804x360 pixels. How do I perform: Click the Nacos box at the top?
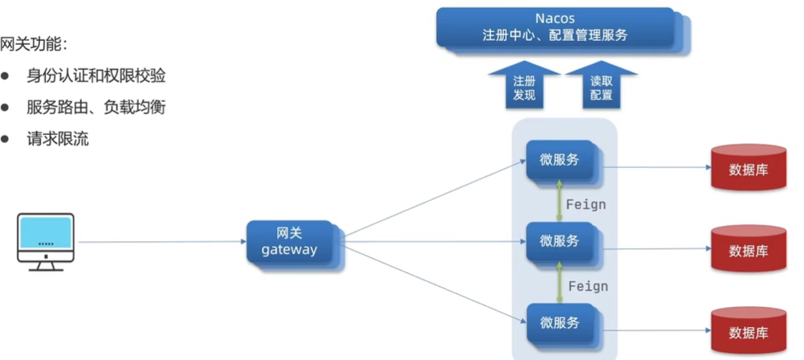tap(555, 27)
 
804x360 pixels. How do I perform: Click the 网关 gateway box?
tap(290, 241)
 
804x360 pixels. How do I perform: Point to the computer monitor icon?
tap(46, 240)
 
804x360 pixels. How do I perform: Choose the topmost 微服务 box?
tap(559, 160)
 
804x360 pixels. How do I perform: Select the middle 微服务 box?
tap(559, 241)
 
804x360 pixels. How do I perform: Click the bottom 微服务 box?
tap(559, 323)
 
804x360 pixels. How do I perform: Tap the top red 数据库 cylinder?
tap(749, 168)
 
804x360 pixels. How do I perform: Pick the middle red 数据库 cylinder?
tap(749, 249)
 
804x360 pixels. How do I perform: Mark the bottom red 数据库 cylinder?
tap(749, 331)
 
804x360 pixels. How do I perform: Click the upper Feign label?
tap(586, 204)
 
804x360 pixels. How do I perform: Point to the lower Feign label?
tap(588, 286)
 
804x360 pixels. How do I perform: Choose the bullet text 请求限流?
tap(57, 139)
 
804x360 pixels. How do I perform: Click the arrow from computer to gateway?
tap(161, 241)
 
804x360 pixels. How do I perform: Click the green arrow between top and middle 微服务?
tap(560, 200)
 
